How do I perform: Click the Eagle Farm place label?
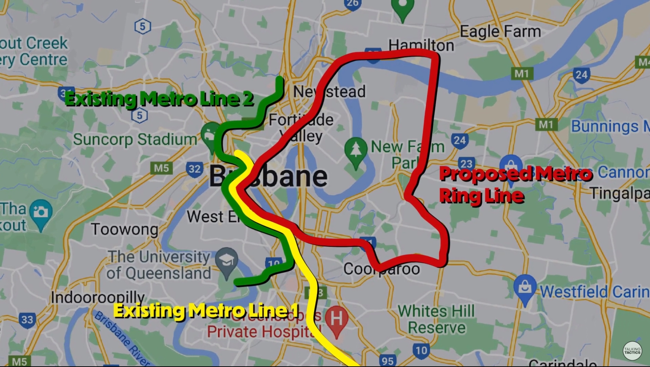click(x=500, y=32)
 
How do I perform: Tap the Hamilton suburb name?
click(x=421, y=45)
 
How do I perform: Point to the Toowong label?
click(x=124, y=229)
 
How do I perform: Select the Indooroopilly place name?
click(x=98, y=297)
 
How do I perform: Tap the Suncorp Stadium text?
click(x=135, y=139)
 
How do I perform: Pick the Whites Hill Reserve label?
click(x=436, y=319)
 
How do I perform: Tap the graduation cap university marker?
click(x=227, y=261)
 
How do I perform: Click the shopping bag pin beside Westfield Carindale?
click(x=525, y=287)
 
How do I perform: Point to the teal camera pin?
click(x=41, y=212)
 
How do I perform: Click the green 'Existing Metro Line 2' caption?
click(x=159, y=99)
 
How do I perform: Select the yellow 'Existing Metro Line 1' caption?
click(x=206, y=311)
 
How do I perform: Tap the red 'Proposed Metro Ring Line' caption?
click(x=515, y=185)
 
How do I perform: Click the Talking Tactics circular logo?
click(x=632, y=351)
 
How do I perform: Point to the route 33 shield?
click(x=27, y=320)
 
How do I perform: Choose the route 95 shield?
click(x=388, y=360)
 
